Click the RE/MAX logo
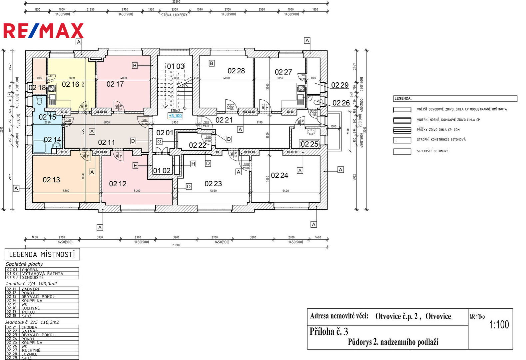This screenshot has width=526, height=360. click(x=43, y=31)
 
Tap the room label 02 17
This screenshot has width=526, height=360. click(x=115, y=84)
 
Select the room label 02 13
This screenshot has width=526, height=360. click(x=51, y=180)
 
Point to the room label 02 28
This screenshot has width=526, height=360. click(x=236, y=71)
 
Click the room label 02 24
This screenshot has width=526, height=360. click(x=279, y=176)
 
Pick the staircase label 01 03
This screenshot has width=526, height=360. click(x=176, y=66)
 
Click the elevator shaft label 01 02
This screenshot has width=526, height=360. click(x=162, y=171)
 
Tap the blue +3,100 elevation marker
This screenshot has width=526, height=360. click(x=175, y=116)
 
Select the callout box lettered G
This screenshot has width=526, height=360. click(x=159, y=142)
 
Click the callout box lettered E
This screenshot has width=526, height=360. click(x=135, y=166)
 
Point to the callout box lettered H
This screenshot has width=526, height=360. click(x=193, y=164)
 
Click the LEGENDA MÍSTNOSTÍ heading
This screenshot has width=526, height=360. click(x=42, y=255)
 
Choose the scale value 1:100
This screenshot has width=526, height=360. click(x=499, y=325)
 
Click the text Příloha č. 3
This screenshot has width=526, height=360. click(x=329, y=331)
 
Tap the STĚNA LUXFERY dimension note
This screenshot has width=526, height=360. click(x=174, y=15)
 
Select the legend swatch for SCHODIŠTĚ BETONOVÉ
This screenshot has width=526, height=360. click(x=402, y=151)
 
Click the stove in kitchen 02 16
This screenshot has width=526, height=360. click(x=52, y=89)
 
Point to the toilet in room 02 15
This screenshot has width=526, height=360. click(x=39, y=100)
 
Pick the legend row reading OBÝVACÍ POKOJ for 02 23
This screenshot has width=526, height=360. click(x=38, y=335)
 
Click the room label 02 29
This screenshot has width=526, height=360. click(x=340, y=85)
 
